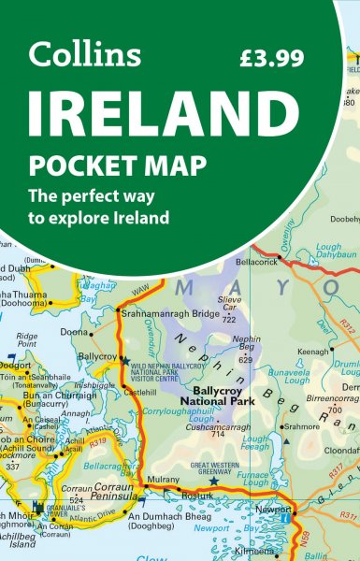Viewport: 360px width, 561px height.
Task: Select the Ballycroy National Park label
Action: [x=237, y=396]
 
